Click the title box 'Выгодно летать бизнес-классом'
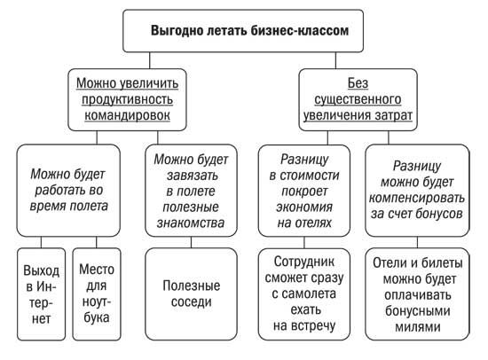click(x=243, y=30)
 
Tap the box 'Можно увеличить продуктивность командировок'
click(x=127, y=99)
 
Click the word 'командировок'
click(x=127, y=115)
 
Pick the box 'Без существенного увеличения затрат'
click(x=358, y=99)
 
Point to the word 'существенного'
click(x=358, y=99)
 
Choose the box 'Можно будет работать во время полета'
click(x=68, y=191)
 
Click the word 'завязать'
click(x=192, y=176)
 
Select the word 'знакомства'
click(x=191, y=223)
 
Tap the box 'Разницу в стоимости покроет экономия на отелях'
click(x=304, y=191)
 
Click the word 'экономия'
click(x=304, y=207)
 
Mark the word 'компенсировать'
click(x=417, y=199)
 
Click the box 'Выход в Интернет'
click(x=42, y=294)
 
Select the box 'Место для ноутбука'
click(x=97, y=294)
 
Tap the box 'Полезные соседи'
click(x=191, y=294)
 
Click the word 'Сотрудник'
click(x=304, y=262)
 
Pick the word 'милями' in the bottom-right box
click(x=417, y=327)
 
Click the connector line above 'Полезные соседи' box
click(x=191, y=242)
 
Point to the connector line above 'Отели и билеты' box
click(x=417, y=242)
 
